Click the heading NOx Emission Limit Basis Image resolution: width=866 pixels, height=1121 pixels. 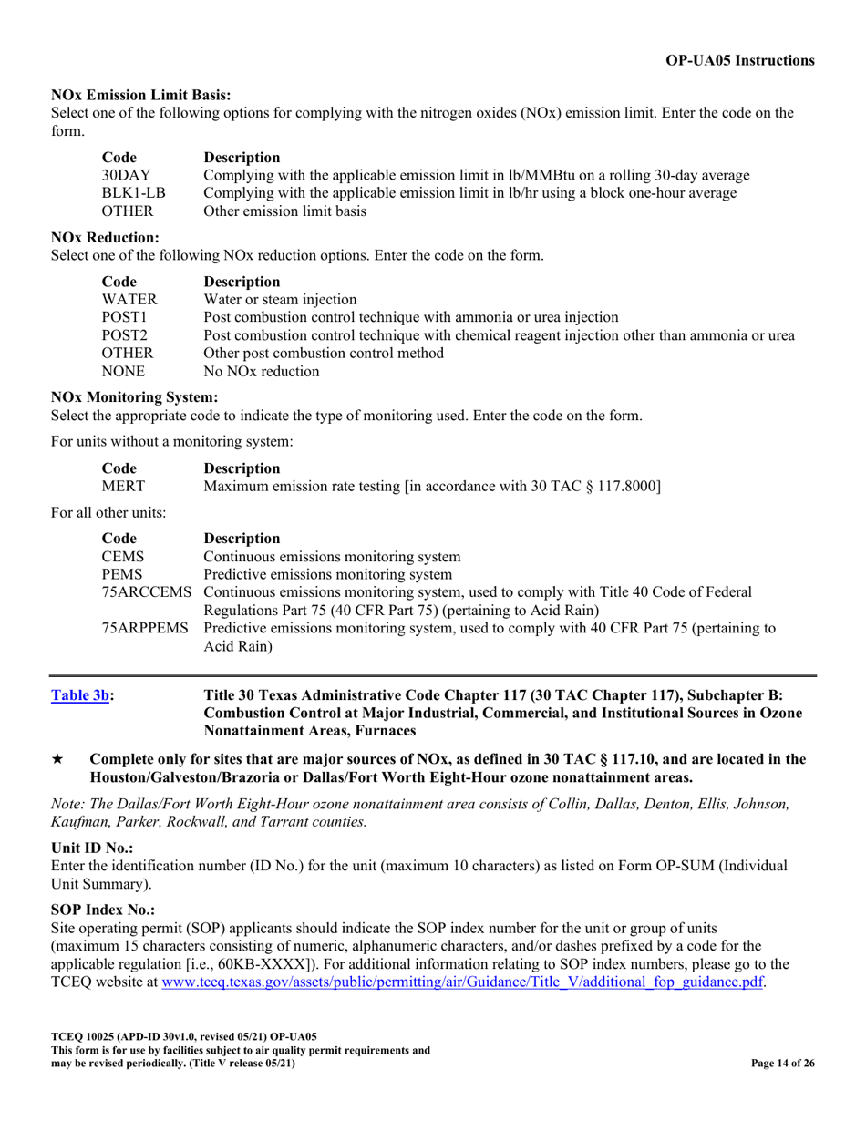tap(141, 95)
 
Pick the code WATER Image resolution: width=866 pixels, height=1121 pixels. tap(129, 299)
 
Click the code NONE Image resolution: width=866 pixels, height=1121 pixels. tap(123, 372)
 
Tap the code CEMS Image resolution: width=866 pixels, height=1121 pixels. tap(122, 556)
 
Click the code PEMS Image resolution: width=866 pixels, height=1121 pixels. tap(122, 574)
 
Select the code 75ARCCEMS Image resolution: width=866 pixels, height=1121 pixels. tap(146, 592)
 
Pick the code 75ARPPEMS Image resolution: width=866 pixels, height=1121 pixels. tap(146, 628)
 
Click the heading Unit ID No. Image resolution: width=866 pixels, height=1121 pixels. tap(93, 848)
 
